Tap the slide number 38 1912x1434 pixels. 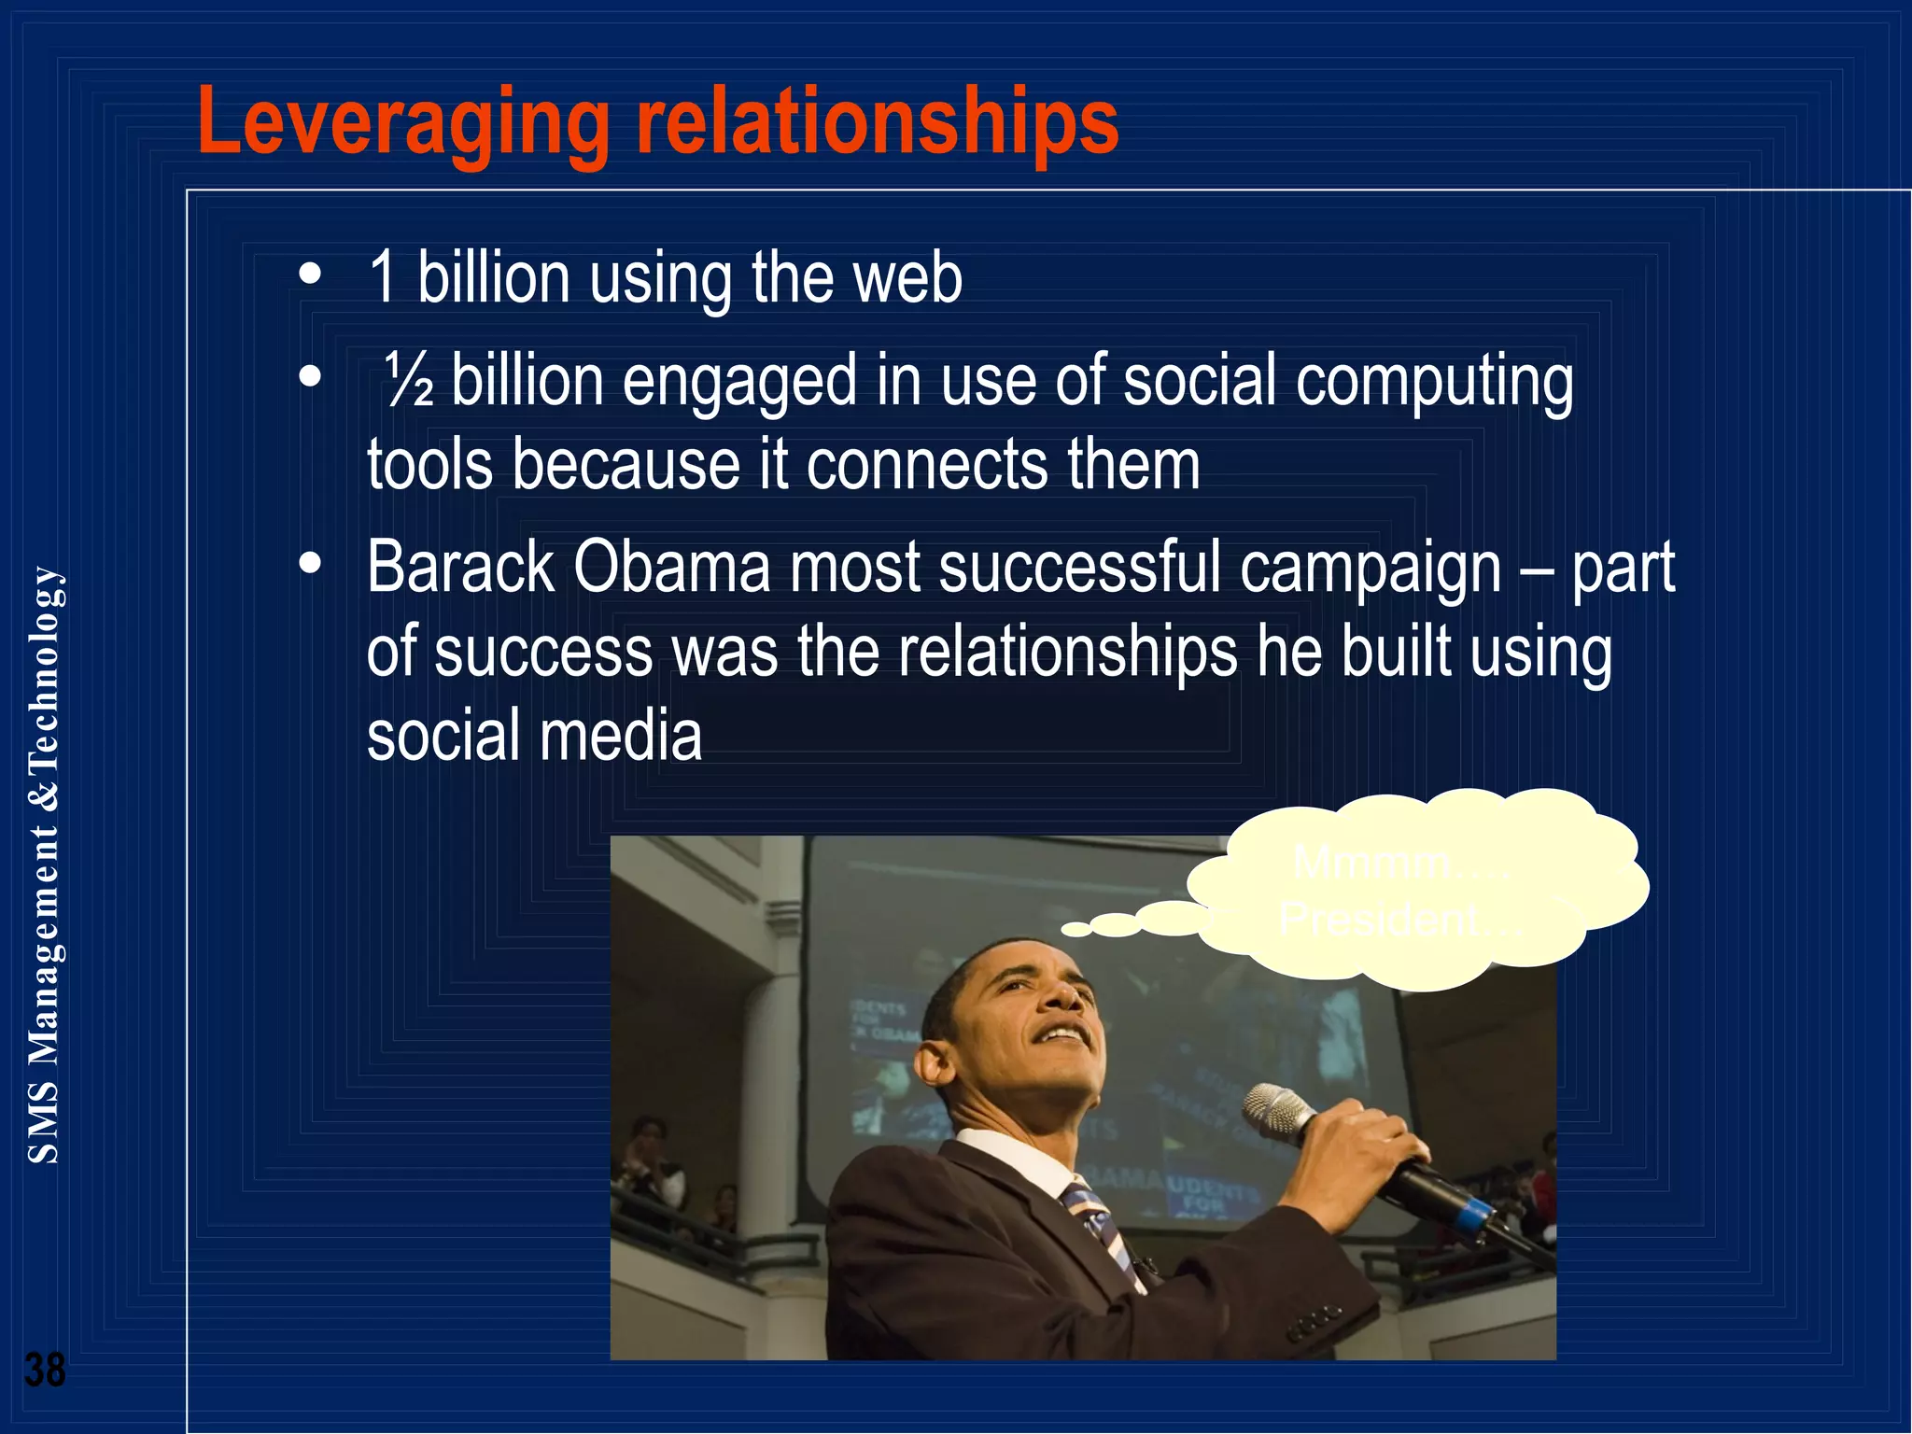tap(45, 1370)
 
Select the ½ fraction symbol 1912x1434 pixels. tap(410, 382)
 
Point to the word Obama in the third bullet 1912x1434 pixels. tap(671, 567)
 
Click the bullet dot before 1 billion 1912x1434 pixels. tap(310, 275)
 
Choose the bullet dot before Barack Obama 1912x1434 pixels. tap(310, 564)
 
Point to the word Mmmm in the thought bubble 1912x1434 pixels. tap(1371, 861)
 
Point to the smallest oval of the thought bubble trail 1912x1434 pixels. tap(1075, 929)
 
